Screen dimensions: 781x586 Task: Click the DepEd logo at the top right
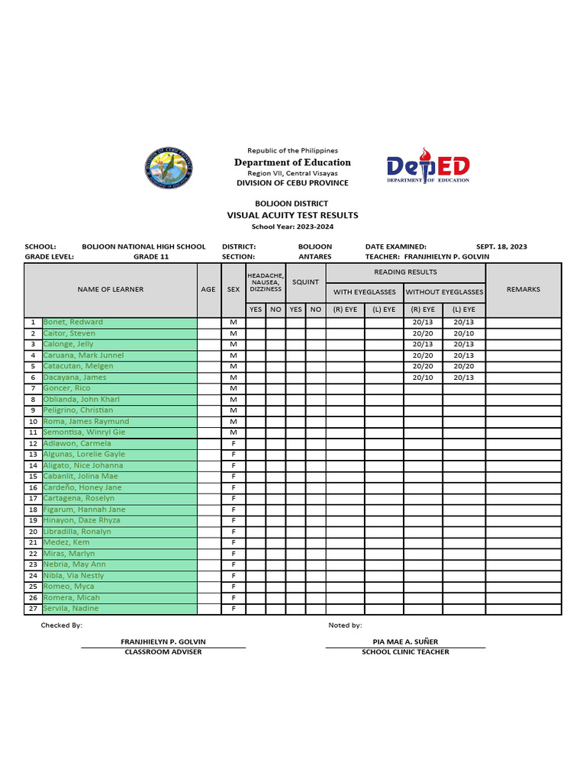pyautogui.click(x=427, y=169)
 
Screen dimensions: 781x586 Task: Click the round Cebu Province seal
pyautogui.click(x=169, y=169)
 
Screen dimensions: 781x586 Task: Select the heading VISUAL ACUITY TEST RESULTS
pyautogui.click(x=292, y=215)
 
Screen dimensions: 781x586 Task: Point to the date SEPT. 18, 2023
pyautogui.click(x=501, y=246)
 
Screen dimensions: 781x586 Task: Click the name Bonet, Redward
pyautogui.click(x=72, y=322)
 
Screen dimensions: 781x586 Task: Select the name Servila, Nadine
pyautogui.click(x=71, y=609)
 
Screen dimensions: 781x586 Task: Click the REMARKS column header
pyautogui.click(x=523, y=290)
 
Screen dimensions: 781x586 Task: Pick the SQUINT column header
pyautogui.click(x=305, y=282)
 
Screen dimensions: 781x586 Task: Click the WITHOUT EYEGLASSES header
pyautogui.click(x=444, y=292)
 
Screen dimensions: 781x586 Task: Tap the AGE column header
pyautogui.click(x=208, y=290)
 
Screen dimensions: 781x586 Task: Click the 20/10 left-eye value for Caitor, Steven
pyautogui.click(x=463, y=333)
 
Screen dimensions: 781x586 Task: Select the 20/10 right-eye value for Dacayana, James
pyautogui.click(x=423, y=378)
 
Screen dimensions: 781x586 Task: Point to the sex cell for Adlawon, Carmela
pyautogui.click(x=233, y=443)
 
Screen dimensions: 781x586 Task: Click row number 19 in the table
pyautogui.click(x=33, y=520)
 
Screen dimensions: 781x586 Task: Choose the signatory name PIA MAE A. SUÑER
pyautogui.click(x=405, y=641)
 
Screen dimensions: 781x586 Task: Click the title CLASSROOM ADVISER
pyautogui.click(x=163, y=652)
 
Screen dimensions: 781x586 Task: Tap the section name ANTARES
pyautogui.click(x=314, y=257)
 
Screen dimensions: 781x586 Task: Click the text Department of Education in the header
pyautogui.click(x=292, y=162)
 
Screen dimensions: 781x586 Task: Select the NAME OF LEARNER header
pyautogui.click(x=110, y=290)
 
